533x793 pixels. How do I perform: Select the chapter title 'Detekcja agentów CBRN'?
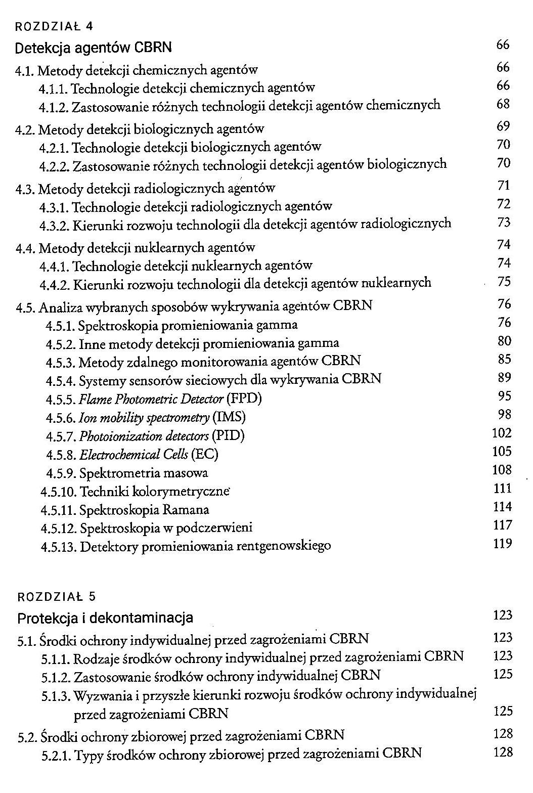click(x=94, y=48)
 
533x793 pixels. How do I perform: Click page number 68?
click(x=503, y=104)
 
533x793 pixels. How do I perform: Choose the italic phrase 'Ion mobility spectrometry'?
click(x=144, y=417)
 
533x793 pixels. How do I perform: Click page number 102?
click(x=502, y=433)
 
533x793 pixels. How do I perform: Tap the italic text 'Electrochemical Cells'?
click(x=134, y=454)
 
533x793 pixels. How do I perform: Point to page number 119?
click(x=502, y=544)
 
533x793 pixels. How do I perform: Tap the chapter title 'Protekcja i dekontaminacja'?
click(x=105, y=618)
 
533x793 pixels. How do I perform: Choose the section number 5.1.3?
click(x=56, y=695)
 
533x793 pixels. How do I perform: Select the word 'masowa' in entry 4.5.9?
click(x=187, y=473)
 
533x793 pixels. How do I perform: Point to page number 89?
click(x=504, y=377)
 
